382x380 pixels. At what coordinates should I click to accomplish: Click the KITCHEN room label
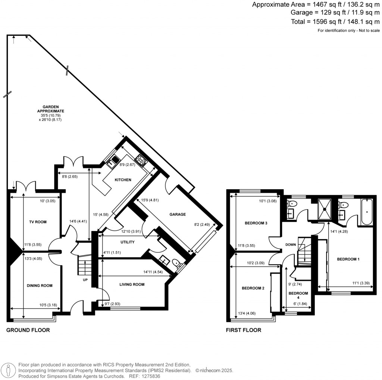pyautogui.click(x=123, y=180)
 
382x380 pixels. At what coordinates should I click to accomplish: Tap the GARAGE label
pyautogui.click(x=178, y=215)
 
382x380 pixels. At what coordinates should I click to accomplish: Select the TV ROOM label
pyautogui.click(x=38, y=222)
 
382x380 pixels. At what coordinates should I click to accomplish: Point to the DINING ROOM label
pyautogui.click(x=40, y=286)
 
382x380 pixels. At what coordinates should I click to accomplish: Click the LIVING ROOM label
pyautogui.click(x=132, y=284)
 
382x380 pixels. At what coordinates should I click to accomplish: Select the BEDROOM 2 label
pyautogui.click(x=253, y=288)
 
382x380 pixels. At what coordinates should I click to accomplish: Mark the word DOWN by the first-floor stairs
pyautogui.click(x=290, y=245)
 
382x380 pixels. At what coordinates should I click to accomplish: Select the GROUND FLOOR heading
pyautogui.click(x=28, y=330)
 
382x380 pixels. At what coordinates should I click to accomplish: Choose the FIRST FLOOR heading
pyautogui.click(x=244, y=330)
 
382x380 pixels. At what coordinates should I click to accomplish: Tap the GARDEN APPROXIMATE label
pyautogui.click(x=51, y=109)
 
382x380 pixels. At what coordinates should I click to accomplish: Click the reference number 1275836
pyautogui.click(x=153, y=377)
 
